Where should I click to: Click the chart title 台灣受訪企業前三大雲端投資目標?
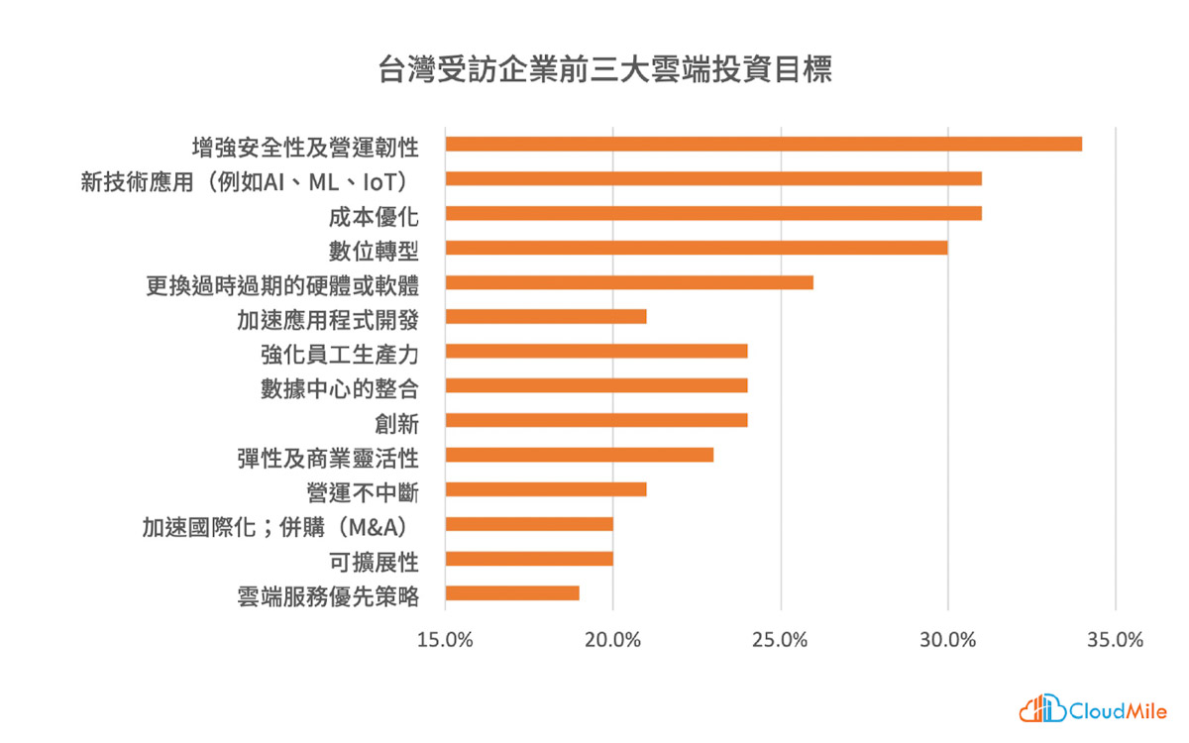605,69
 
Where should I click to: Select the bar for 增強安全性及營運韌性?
764,144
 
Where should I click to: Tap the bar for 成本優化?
713,213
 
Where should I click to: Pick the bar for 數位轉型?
697,248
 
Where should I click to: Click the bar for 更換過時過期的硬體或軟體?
629,282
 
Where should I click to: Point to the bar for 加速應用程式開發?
546,317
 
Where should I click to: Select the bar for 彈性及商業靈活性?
580,455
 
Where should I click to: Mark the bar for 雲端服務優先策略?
512,593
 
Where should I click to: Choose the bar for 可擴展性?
529,559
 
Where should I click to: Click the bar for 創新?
596,420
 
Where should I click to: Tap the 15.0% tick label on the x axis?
445,640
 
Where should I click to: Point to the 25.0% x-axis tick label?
780,640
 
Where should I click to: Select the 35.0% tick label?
1116,640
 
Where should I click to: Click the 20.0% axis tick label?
612,640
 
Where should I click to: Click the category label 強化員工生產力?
340,355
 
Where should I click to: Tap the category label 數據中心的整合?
340,389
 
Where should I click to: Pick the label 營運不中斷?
363,493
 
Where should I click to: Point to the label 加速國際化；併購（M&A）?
276,527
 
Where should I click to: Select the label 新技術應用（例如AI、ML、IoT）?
246,182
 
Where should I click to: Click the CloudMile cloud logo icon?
1042,708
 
